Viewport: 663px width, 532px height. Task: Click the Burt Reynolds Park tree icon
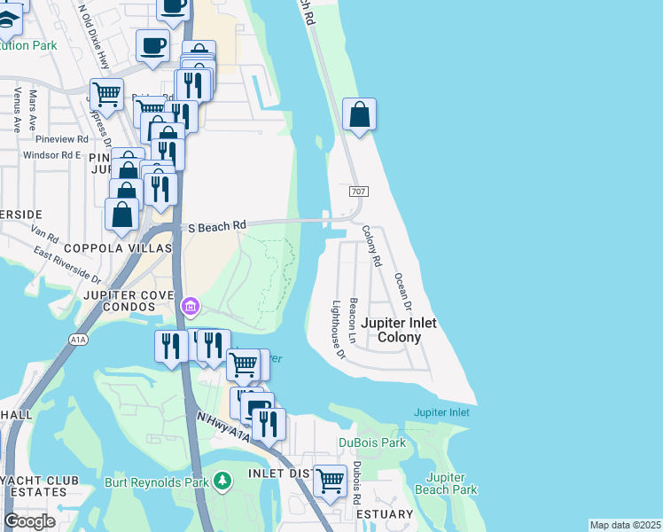tap(222, 481)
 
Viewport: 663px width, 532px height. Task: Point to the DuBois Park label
tap(372, 442)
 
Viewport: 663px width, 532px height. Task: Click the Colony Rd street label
tap(370, 246)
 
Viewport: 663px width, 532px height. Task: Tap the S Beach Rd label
tap(215, 227)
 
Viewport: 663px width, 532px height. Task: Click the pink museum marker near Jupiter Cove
tap(189, 307)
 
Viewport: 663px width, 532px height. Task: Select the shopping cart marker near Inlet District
tap(330, 481)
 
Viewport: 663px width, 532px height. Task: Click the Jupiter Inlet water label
tap(441, 413)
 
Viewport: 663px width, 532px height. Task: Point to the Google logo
tap(30, 521)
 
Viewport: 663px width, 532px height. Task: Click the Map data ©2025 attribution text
tap(625, 525)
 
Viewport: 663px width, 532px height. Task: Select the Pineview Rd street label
tap(62, 139)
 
